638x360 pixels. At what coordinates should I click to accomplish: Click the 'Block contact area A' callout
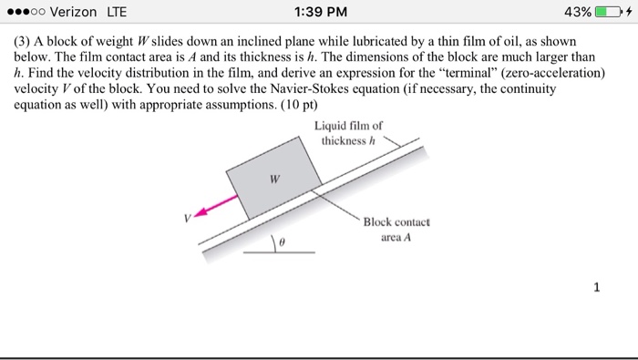pyautogui.click(x=395, y=231)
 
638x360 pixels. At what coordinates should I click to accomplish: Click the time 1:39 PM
pyautogui.click(x=318, y=13)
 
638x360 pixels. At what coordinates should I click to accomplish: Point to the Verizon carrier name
pyautogui.click(x=77, y=13)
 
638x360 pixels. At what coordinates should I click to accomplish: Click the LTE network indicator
pyautogui.click(x=118, y=13)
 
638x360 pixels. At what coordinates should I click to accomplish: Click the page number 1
pyautogui.click(x=596, y=289)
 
